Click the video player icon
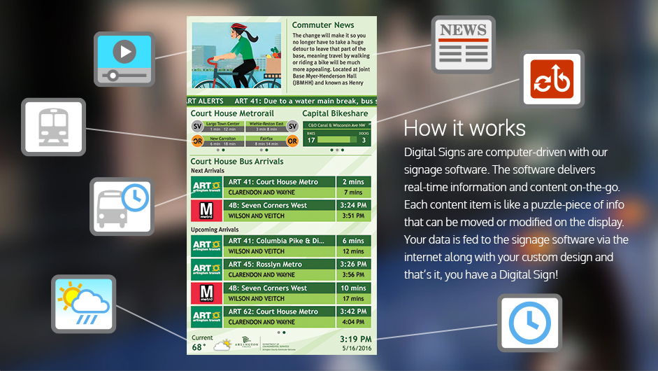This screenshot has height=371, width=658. [124, 59]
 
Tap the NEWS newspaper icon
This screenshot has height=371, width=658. [462, 44]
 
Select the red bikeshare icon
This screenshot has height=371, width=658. [552, 79]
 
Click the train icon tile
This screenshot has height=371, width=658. [53, 127]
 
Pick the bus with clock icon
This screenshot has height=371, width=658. [122, 206]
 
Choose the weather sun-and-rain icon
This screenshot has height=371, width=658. [83, 303]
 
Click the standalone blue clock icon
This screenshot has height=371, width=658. [529, 323]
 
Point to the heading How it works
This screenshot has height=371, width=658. [464, 128]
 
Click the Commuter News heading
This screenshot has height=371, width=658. [323, 25]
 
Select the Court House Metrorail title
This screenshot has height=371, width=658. [232, 113]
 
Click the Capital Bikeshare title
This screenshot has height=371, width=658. [335, 113]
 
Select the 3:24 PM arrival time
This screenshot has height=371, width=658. [353, 206]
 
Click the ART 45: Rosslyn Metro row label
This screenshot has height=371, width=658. [265, 265]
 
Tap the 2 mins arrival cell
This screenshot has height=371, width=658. [353, 182]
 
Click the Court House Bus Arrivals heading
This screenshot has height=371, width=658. [237, 162]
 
